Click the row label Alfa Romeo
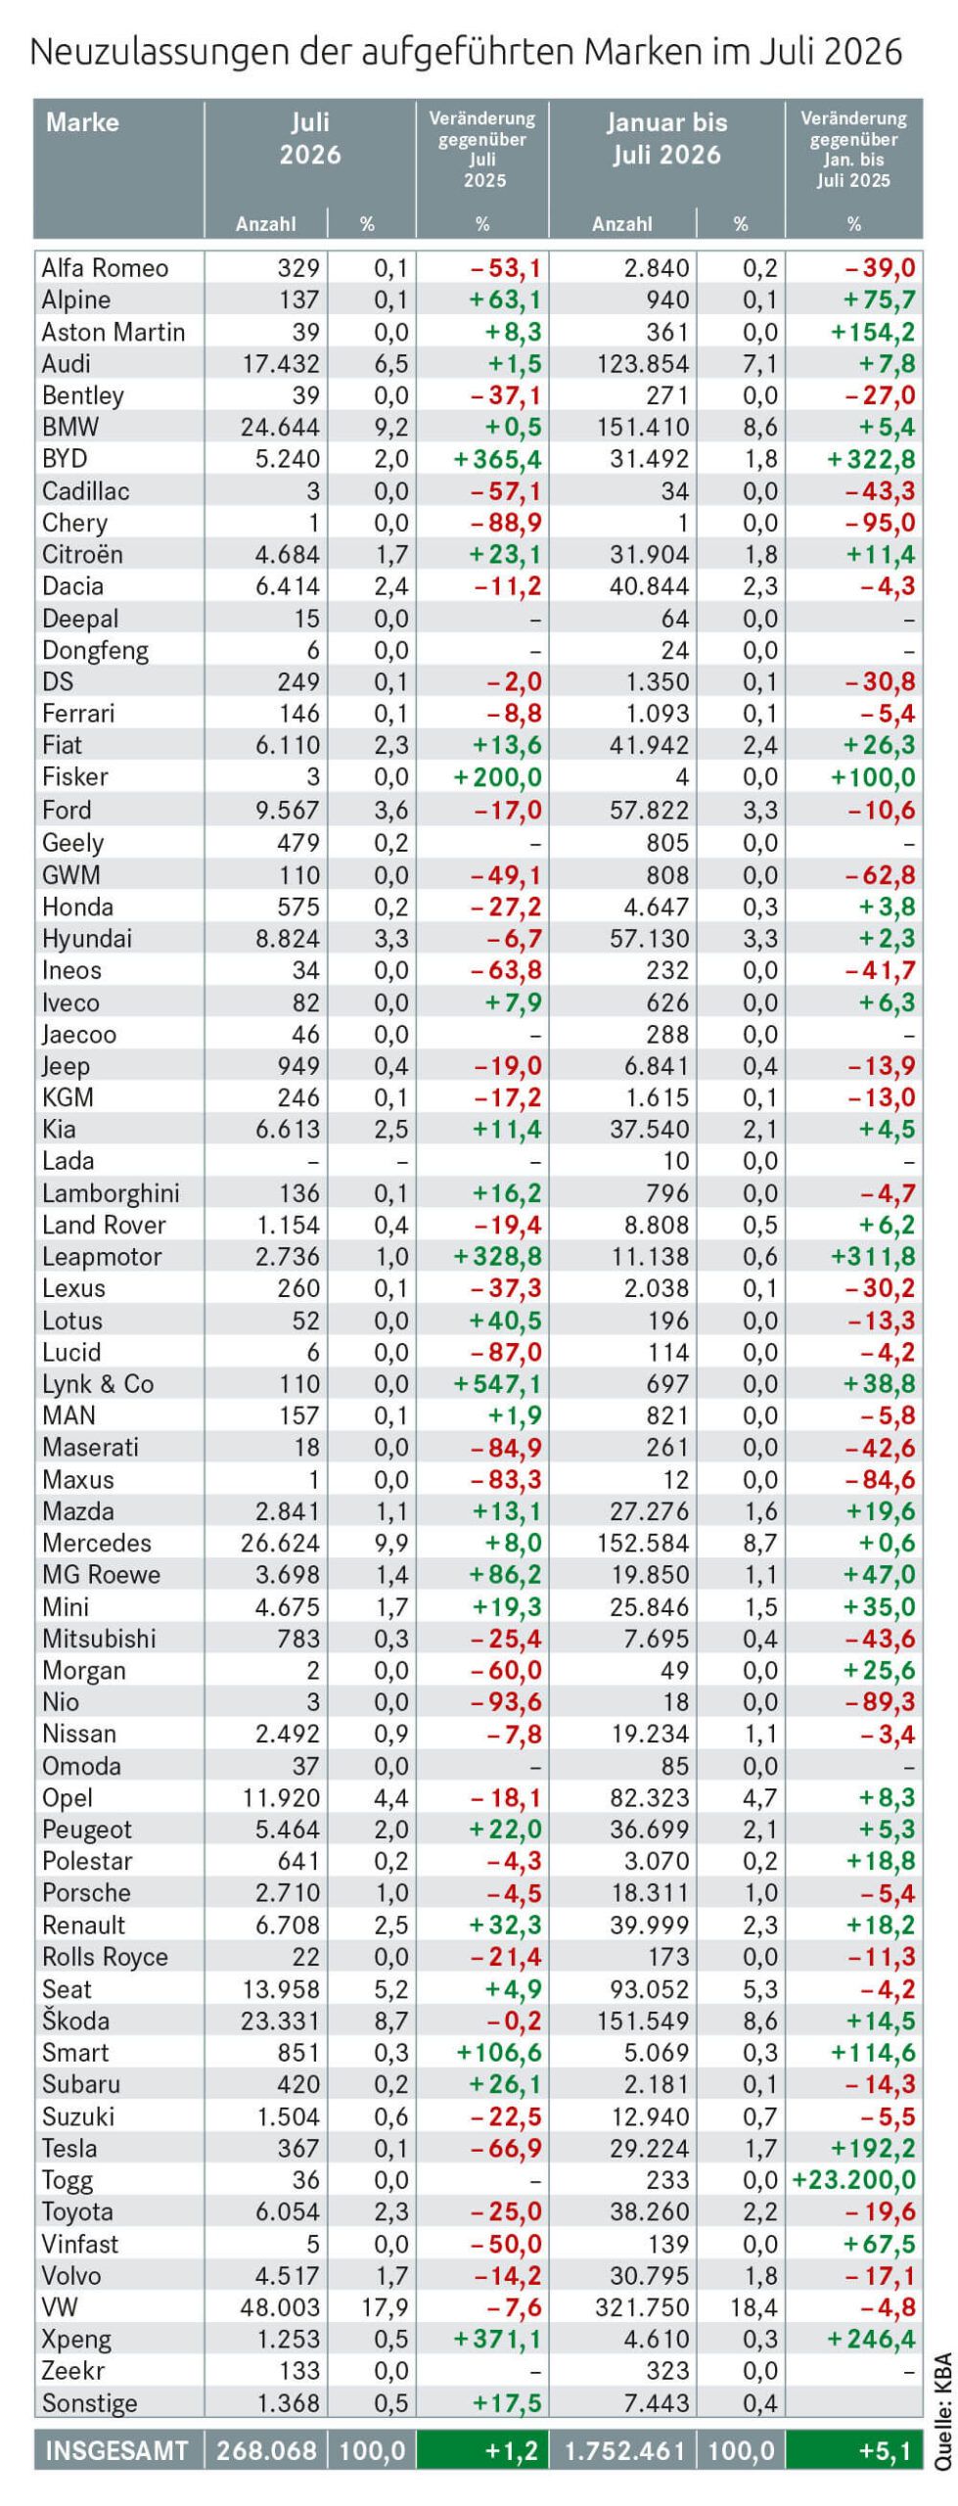click(x=105, y=268)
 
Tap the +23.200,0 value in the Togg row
click(x=853, y=2179)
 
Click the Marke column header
click(x=82, y=122)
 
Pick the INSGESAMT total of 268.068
click(x=267, y=2451)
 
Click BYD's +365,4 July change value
click(x=498, y=459)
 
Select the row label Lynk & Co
click(x=98, y=1384)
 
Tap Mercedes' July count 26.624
click(x=281, y=1543)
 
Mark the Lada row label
click(x=68, y=1161)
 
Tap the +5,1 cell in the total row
click(x=885, y=2451)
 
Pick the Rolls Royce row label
click(x=105, y=1957)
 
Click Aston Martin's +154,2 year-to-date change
click(x=873, y=332)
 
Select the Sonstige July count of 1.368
click(x=288, y=2402)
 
